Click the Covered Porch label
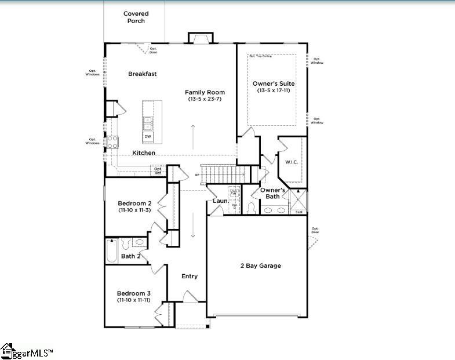135,17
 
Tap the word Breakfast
142,74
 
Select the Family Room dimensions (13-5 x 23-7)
205,99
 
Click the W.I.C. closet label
291,162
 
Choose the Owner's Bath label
272,193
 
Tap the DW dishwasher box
148,137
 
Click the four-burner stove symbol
112,142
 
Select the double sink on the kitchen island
148,123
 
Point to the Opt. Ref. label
158,171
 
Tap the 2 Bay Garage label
260,266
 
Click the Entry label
190,276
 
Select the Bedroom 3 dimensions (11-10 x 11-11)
134,300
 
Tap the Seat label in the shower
299,212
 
